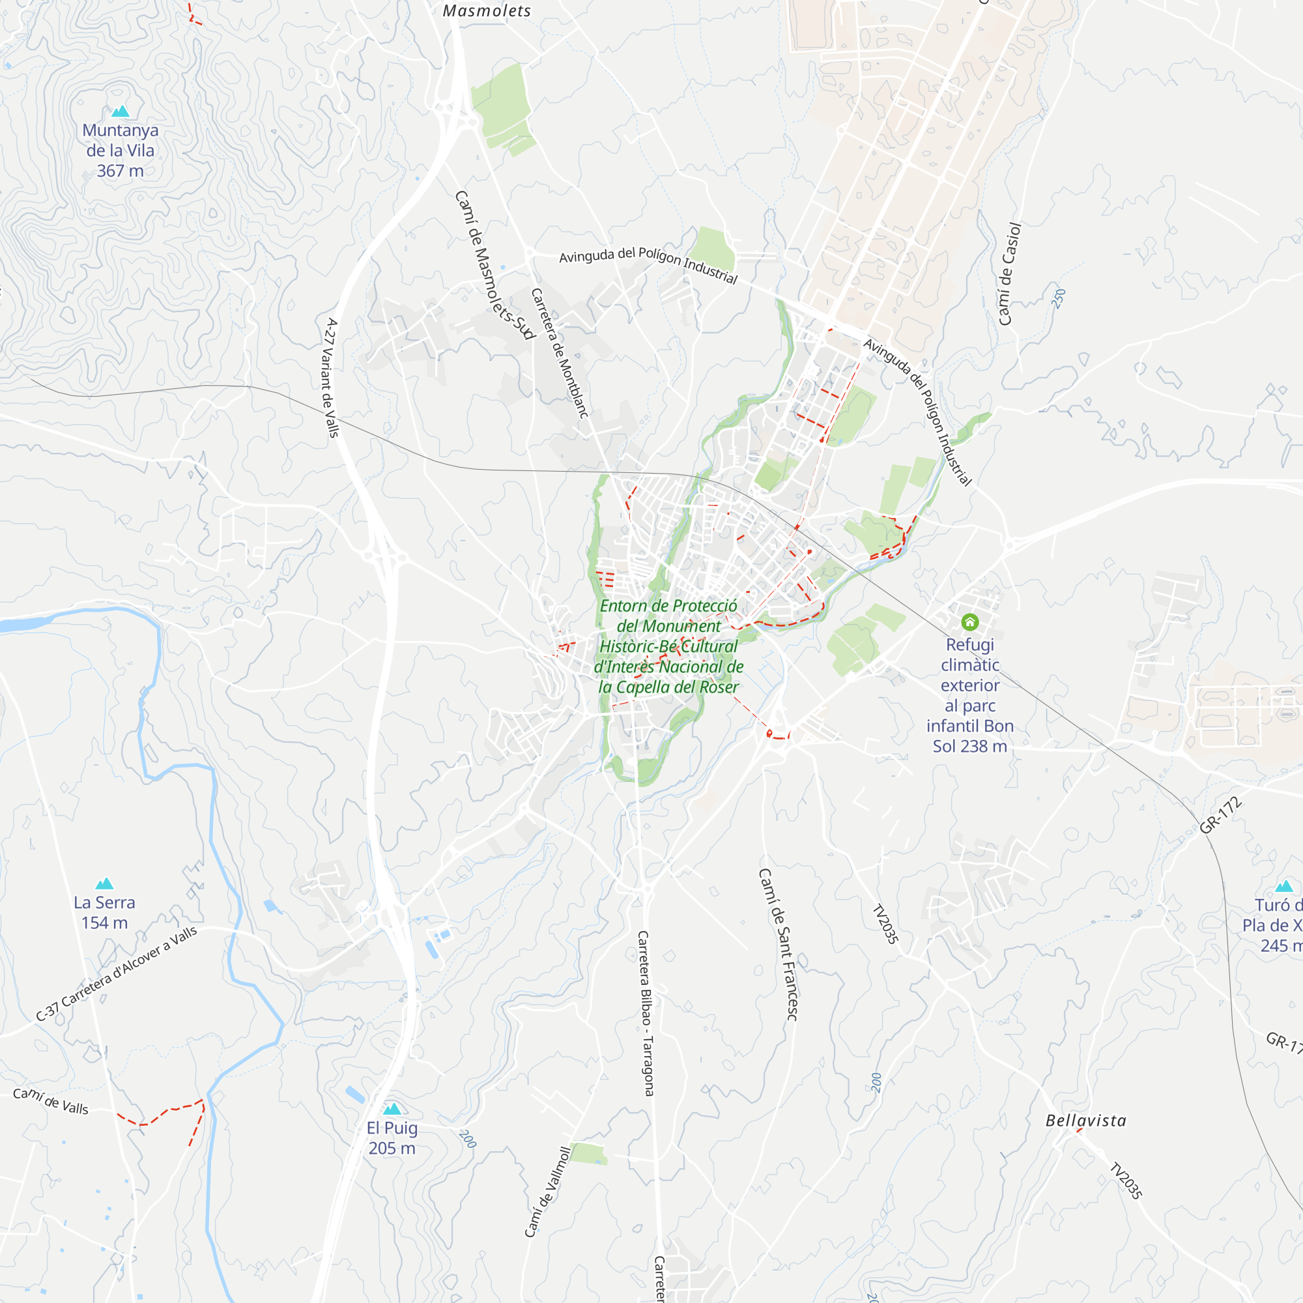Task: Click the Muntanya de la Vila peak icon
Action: (120, 111)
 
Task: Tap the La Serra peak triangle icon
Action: (104, 883)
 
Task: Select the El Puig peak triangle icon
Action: (392, 1109)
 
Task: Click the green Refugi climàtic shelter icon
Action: (970, 621)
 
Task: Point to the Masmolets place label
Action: (487, 11)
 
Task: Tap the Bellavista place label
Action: (1086, 1121)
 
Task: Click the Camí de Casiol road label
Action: (1010, 274)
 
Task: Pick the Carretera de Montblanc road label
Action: (560, 352)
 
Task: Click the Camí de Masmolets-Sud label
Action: (494, 265)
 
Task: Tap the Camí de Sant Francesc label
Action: (779, 944)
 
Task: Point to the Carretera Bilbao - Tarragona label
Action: (646, 1013)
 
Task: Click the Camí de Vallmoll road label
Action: (548, 1192)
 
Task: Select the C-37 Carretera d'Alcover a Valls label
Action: (117, 973)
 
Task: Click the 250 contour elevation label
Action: (1059, 298)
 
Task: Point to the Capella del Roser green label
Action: (668, 646)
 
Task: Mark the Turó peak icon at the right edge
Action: (1284, 886)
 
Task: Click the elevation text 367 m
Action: (120, 171)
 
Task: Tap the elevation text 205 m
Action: (392, 1148)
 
